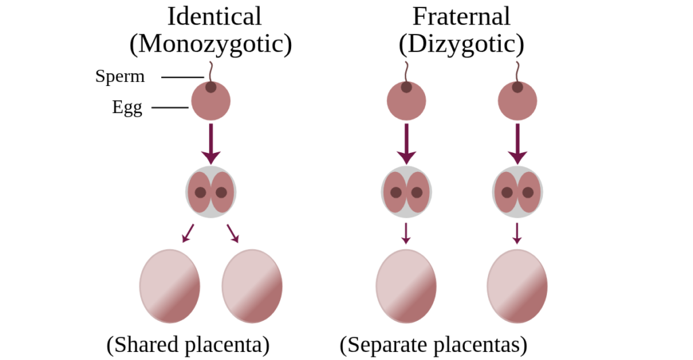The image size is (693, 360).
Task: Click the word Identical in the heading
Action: pos(215,16)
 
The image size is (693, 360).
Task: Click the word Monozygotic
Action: pos(211,44)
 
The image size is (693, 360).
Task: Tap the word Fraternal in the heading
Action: pos(461,16)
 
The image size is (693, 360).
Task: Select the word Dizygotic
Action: pos(461,44)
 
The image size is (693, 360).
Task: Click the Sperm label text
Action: pos(120,76)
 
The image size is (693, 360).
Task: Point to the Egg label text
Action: pos(127,108)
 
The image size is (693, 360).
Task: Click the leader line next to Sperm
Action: pos(183,77)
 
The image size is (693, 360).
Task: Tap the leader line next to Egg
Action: pos(170,108)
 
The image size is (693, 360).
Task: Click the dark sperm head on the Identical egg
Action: pos(211,87)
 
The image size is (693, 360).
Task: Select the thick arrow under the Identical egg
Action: pos(211,143)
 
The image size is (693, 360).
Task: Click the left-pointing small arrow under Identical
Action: pos(188,233)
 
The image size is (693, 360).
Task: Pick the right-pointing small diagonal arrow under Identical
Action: pos(233,233)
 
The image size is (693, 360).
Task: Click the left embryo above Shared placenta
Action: pos(170,286)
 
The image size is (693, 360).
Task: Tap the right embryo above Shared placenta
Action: pos(252,286)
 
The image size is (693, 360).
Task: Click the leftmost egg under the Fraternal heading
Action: pos(407,101)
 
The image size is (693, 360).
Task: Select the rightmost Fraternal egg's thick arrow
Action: pos(518,143)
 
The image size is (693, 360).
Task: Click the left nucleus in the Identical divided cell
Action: pos(200,193)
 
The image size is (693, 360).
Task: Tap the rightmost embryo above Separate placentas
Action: pos(517,286)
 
